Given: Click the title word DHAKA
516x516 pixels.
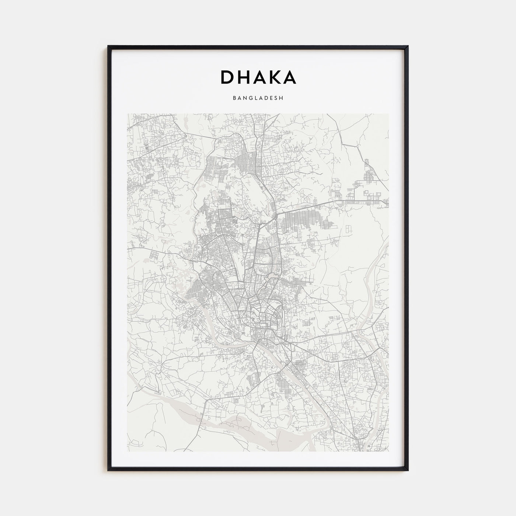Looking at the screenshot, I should pos(258,77).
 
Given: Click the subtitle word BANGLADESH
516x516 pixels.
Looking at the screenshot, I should pos(258,98).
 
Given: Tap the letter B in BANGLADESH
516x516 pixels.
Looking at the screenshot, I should pos(234,98).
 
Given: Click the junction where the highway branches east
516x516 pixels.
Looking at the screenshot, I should pos(276,214).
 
